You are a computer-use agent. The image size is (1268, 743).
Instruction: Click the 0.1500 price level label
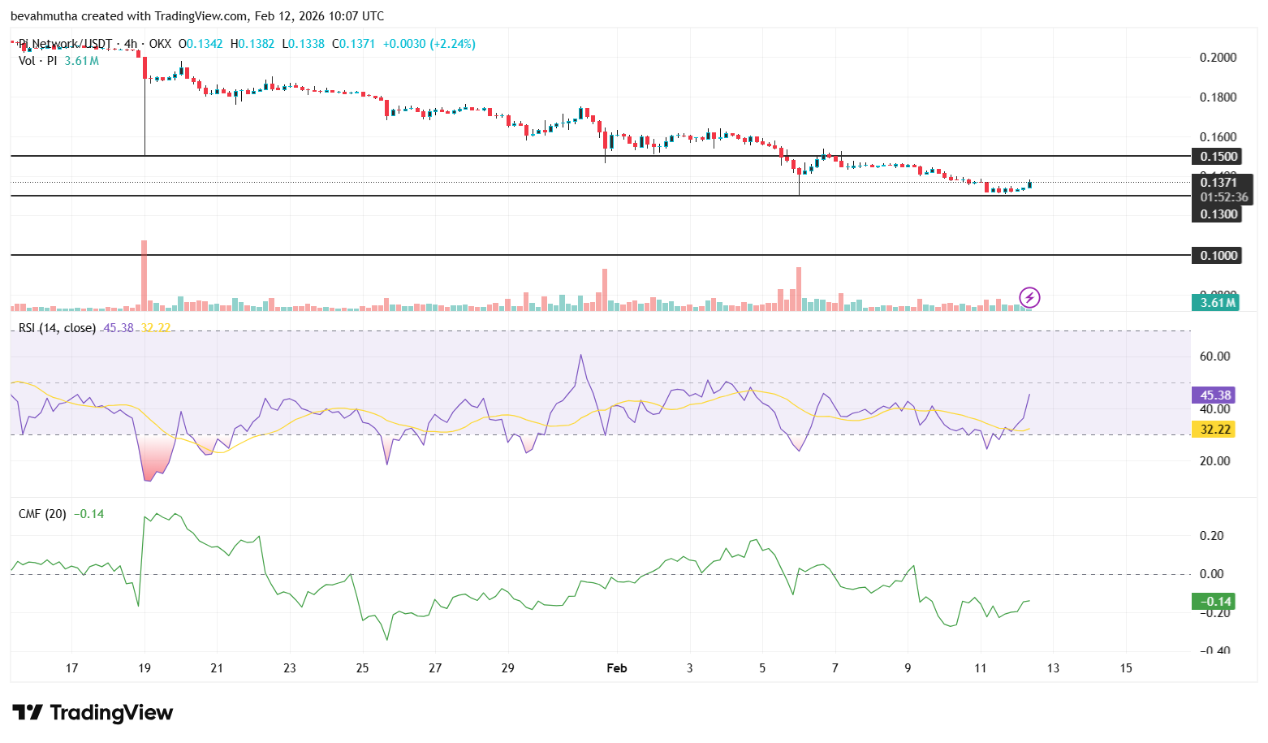1218,156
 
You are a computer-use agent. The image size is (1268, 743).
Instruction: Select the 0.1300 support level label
1218,214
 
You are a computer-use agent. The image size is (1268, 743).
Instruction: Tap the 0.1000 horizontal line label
1218,256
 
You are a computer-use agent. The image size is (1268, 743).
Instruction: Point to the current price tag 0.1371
1218,183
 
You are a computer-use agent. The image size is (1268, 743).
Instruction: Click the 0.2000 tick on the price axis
1218,58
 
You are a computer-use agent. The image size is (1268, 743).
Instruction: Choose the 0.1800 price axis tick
1218,97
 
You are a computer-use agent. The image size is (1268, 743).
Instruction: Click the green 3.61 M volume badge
1218,303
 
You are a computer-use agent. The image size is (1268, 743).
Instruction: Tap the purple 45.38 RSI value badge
1214,395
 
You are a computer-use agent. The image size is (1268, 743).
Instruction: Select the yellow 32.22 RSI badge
1214,430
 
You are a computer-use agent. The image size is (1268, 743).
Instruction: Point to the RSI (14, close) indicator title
57,328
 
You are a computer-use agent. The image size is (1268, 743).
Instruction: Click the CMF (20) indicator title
42,514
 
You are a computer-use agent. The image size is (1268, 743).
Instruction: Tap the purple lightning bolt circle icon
1029,297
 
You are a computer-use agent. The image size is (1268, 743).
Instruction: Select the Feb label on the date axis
617,668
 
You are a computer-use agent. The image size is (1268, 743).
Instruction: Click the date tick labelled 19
144,668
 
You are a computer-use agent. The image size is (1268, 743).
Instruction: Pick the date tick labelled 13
1053,668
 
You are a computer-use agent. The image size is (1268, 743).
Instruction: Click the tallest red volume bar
144,276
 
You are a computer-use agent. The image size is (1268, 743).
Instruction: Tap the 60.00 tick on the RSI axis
1214,356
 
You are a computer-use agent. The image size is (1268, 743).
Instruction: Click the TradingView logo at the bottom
93,713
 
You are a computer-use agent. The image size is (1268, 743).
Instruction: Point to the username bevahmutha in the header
44,16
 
